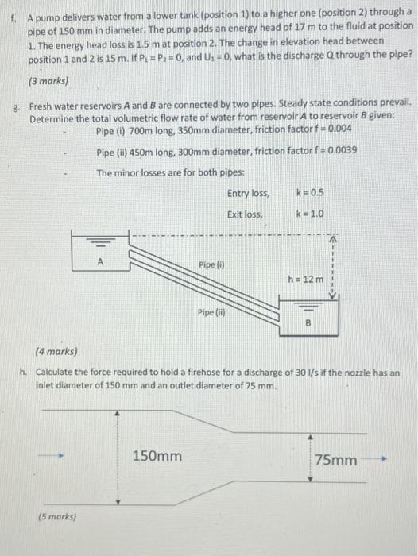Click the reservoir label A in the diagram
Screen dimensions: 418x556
[x=100, y=259]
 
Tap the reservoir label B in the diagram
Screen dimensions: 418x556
[x=311, y=323]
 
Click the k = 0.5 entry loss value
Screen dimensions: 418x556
[x=308, y=193]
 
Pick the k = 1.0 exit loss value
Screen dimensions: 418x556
[x=308, y=214]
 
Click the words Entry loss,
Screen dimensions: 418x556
[x=248, y=193]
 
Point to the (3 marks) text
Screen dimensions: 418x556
[x=49, y=80]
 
